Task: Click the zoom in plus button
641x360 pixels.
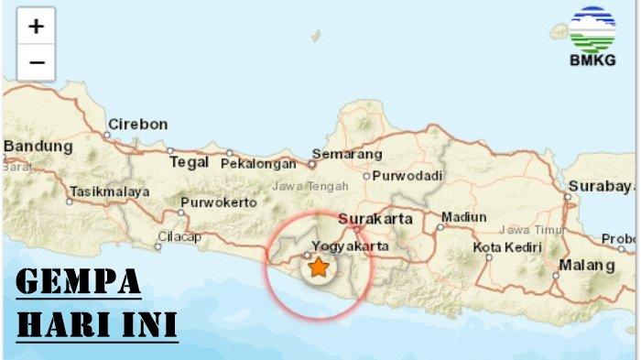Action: point(36,27)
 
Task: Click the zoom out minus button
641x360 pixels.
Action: point(36,62)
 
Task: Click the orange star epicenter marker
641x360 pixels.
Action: point(318,267)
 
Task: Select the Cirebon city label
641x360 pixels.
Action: point(137,124)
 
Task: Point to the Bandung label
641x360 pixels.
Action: point(38,146)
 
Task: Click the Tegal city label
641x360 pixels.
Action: point(190,162)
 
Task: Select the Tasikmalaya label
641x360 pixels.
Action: point(108,192)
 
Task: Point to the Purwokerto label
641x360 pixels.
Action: point(218,202)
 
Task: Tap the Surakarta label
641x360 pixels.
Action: point(375,219)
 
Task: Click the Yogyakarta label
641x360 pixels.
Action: point(351,246)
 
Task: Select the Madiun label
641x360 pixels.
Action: point(463,217)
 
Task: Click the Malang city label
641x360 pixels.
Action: point(587,266)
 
